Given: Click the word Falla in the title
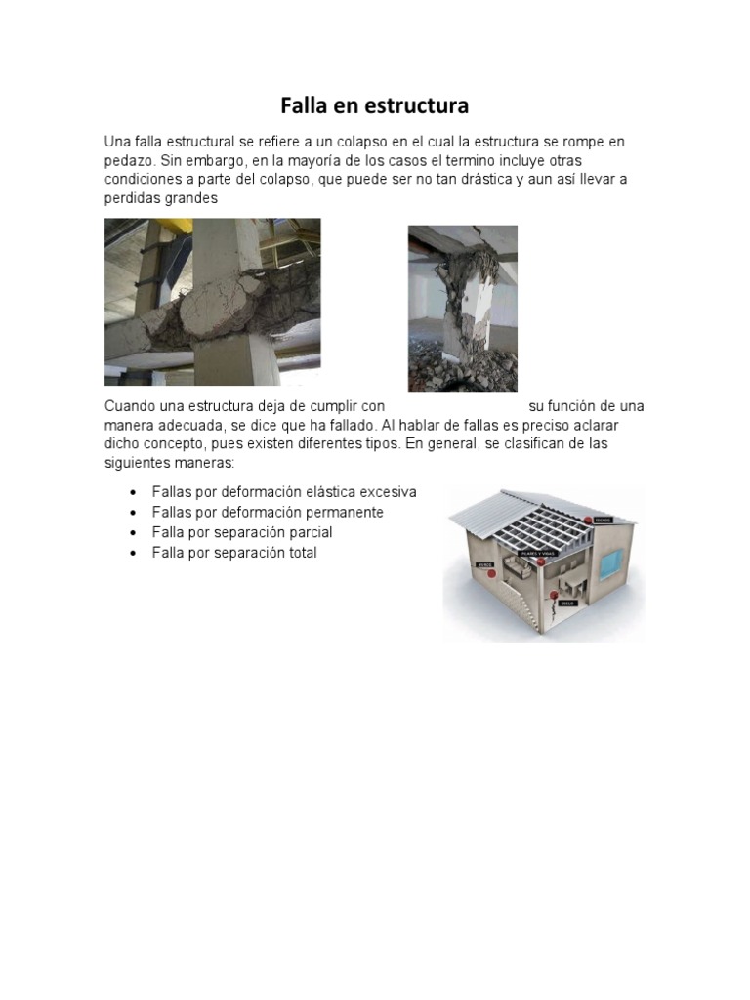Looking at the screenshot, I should click(303, 104).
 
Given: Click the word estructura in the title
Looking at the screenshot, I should click(416, 104).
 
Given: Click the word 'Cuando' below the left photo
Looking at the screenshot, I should click(131, 406).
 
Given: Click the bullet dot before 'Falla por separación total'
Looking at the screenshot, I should click(132, 554).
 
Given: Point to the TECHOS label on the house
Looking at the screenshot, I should click(602, 520).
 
